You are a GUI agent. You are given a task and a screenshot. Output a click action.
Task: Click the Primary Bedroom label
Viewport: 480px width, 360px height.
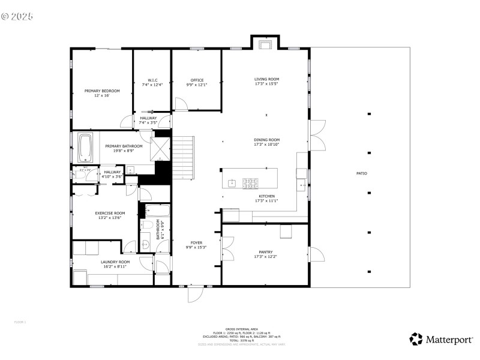tap(102, 91)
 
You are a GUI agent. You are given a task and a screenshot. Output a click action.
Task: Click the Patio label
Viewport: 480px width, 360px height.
tap(361, 173)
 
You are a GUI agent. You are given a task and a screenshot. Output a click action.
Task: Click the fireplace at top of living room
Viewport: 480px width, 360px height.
tap(265, 44)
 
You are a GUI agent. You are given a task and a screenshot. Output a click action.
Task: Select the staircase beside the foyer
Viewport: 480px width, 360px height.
tap(184, 157)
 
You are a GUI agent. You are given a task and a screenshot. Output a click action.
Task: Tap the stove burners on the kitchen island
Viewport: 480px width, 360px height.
tap(250, 182)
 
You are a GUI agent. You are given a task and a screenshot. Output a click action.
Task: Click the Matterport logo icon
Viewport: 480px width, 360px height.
tap(416, 339)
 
